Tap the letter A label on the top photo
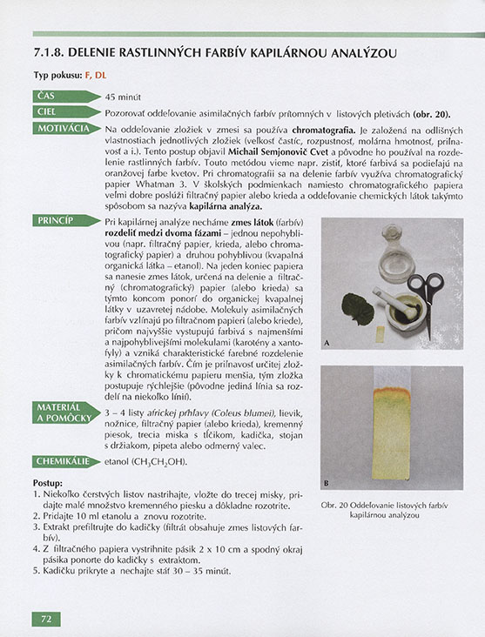(x=326, y=344)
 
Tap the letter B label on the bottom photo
(x=326, y=483)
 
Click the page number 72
(x=45, y=619)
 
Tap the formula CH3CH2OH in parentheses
(x=159, y=461)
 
